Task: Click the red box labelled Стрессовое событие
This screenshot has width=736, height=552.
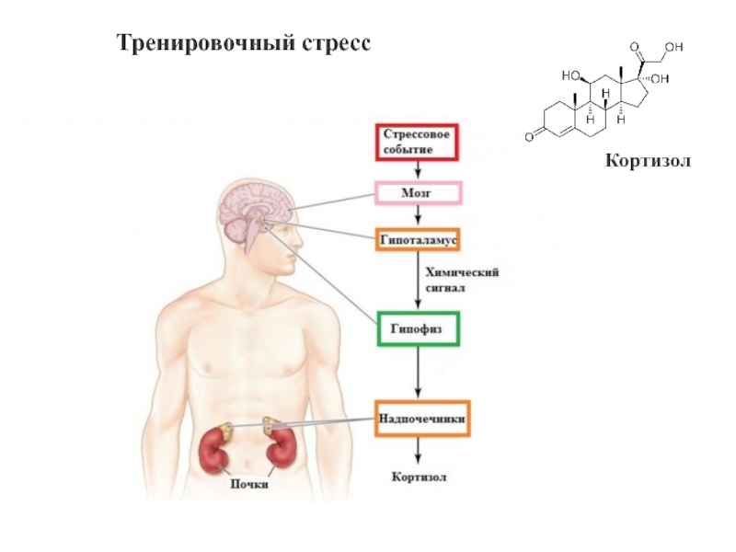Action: [x=419, y=142]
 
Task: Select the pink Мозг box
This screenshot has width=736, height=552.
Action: [x=417, y=193]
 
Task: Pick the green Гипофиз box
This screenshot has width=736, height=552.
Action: [x=418, y=328]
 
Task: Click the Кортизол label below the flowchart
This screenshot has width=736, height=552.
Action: [x=419, y=477]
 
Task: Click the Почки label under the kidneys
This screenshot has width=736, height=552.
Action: [x=248, y=484]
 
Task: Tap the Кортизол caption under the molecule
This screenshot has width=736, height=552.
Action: [x=647, y=162]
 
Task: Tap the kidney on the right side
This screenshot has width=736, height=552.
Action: [x=279, y=449]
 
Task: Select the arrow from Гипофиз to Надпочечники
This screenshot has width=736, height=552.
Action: [x=419, y=372]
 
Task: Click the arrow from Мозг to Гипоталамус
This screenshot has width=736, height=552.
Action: [x=419, y=215]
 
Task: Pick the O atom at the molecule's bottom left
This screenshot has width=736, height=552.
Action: [x=530, y=137]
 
